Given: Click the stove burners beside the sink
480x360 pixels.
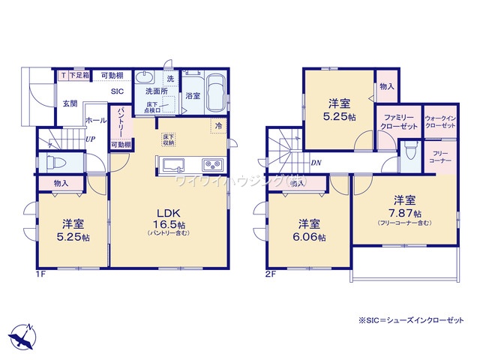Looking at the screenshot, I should (x=208, y=164).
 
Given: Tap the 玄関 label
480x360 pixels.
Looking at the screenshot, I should (x=70, y=103).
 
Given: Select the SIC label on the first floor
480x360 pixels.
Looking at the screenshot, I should (x=118, y=91).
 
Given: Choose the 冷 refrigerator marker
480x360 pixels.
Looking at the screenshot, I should (x=218, y=126).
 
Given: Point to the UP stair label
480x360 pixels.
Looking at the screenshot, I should (x=89, y=139).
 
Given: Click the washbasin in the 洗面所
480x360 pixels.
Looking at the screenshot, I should (x=144, y=77).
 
